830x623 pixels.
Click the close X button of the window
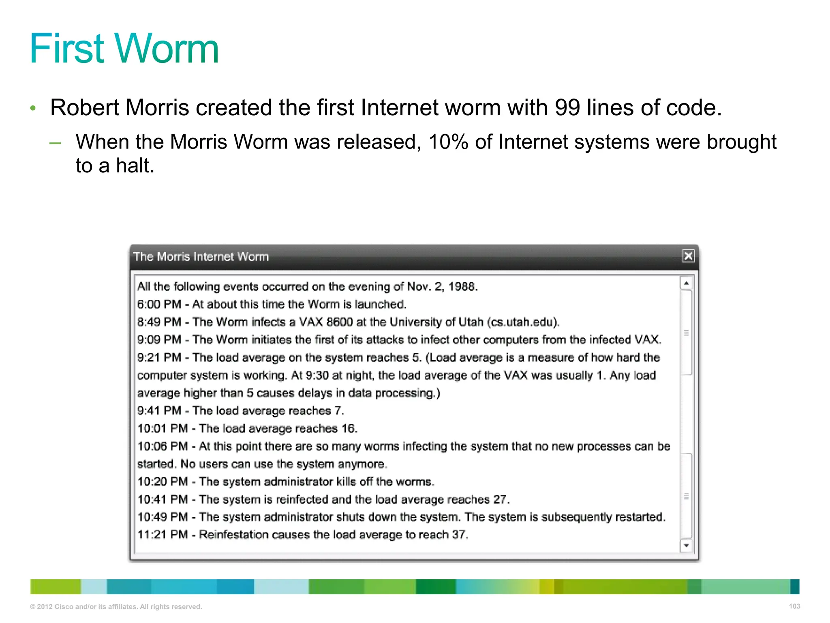tap(688, 256)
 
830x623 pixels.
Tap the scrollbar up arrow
tap(686, 283)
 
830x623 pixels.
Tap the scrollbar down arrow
tap(686, 546)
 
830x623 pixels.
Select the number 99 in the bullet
tap(567, 108)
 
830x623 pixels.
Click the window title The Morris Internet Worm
tap(201, 257)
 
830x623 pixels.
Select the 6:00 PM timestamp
tap(159, 304)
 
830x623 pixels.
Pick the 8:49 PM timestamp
tap(159, 322)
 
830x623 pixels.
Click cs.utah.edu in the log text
tap(523, 322)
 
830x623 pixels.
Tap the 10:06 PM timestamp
tap(163, 446)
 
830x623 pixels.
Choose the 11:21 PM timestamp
tap(163, 535)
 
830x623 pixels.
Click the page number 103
tap(794, 606)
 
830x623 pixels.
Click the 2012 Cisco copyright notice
tap(116, 607)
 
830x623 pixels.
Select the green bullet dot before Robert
tap(33, 108)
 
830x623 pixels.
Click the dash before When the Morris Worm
tap(55, 143)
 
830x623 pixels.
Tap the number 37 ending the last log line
tap(459, 535)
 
